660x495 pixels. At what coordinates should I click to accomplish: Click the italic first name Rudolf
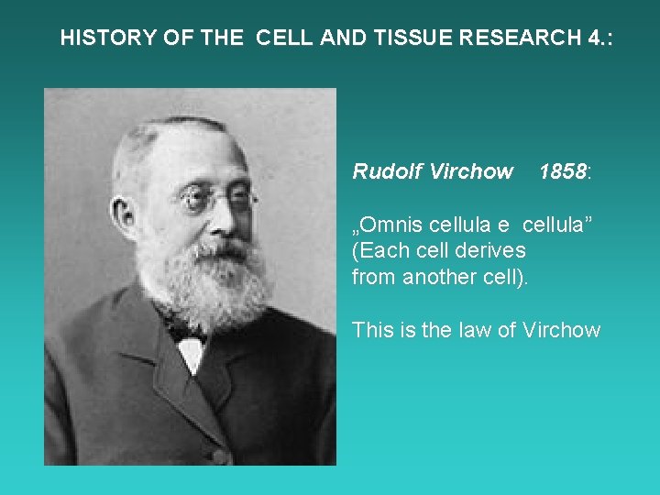click(385, 171)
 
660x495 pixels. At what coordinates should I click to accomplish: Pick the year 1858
click(562, 171)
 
